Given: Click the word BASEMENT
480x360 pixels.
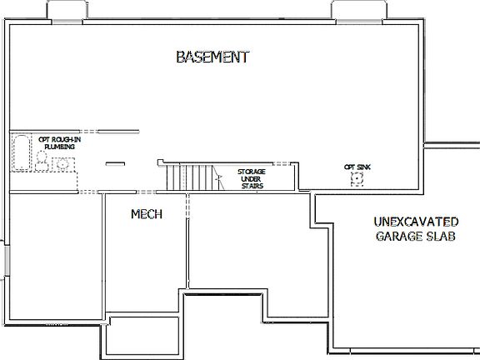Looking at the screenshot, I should point(212,57).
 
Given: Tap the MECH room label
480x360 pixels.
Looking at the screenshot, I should point(146,214).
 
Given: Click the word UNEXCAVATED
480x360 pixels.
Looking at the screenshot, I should point(415,222).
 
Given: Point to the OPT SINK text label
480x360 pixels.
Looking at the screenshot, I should point(357,167).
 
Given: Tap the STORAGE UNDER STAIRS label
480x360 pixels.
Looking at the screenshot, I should point(251,178).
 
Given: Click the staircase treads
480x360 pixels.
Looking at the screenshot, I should point(187,177).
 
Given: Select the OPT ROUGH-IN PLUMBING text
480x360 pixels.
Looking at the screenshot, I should point(56,142).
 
